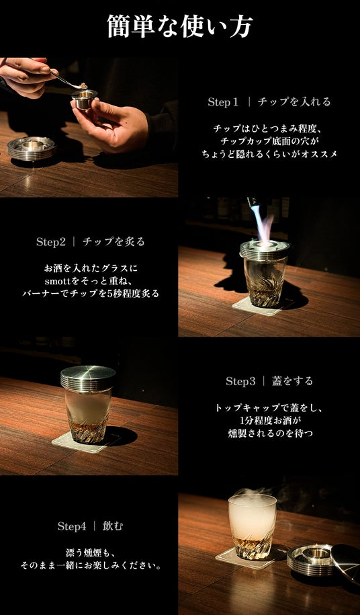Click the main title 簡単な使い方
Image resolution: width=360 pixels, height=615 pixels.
(x=180, y=26)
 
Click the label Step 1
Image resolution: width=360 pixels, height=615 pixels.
(x=223, y=102)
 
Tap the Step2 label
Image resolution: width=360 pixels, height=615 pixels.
(x=51, y=242)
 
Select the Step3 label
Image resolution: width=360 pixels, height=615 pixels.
(x=240, y=381)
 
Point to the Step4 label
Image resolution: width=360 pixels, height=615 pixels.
(x=72, y=526)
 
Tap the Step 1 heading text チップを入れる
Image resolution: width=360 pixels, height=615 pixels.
(x=294, y=102)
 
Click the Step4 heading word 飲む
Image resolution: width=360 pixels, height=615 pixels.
(x=113, y=526)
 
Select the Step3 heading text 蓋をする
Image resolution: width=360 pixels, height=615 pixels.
(x=293, y=381)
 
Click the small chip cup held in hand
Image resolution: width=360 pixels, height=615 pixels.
(x=84, y=99)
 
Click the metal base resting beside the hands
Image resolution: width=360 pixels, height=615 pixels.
(x=32, y=148)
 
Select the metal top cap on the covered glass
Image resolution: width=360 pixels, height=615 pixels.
(x=88, y=377)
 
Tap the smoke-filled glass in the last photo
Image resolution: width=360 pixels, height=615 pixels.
(x=253, y=526)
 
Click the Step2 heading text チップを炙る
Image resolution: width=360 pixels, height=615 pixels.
(x=114, y=242)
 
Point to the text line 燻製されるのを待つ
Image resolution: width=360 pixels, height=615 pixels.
(x=270, y=434)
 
